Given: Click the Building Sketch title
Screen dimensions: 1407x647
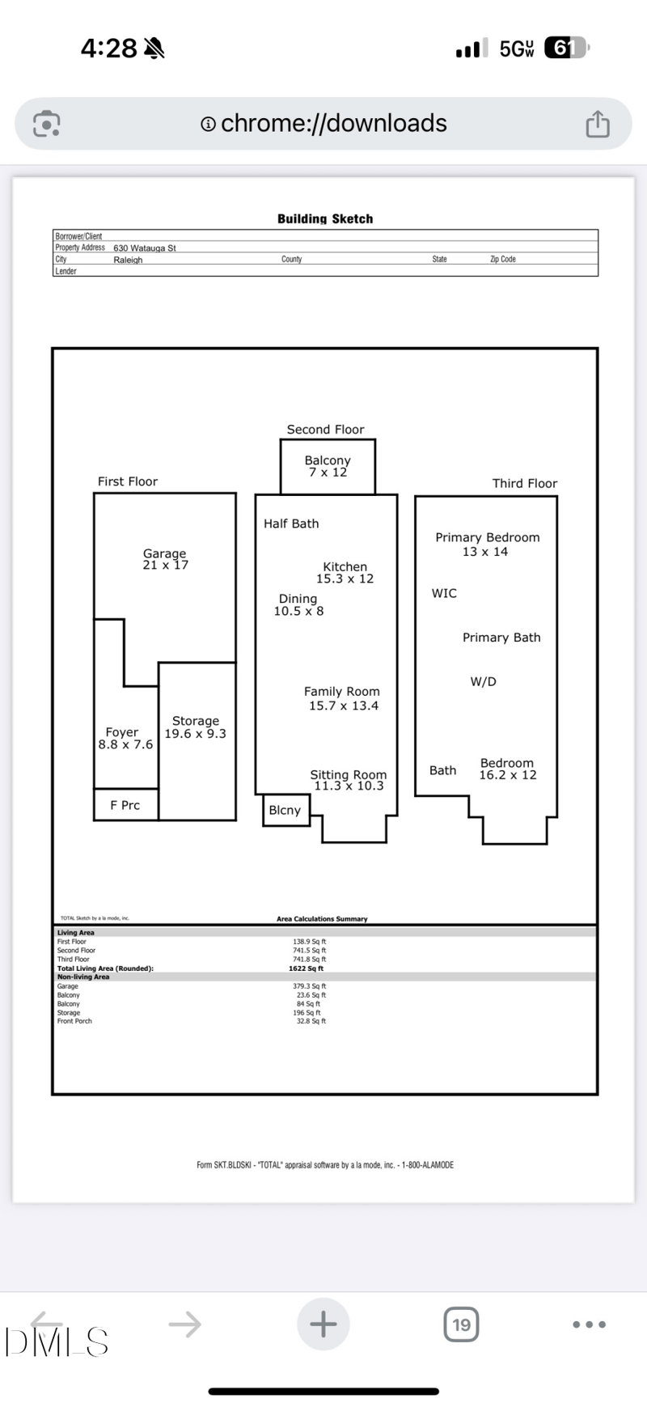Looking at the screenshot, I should (x=325, y=218).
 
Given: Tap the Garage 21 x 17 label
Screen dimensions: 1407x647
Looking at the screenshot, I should (x=165, y=559).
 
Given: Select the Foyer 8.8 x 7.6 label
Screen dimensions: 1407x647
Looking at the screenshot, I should (x=125, y=738).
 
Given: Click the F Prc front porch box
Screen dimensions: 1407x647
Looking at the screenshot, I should (x=125, y=805).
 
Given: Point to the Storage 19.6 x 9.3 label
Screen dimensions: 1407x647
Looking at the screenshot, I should (x=196, y=727).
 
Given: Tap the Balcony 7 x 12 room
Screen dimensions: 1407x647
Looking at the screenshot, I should (x=328, y=466).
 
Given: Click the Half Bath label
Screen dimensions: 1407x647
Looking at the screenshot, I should (x=291, y=523).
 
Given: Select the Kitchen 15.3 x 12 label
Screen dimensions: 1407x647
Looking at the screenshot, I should (x=345, y=573).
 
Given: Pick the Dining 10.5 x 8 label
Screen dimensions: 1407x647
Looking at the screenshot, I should (x=298, y=604).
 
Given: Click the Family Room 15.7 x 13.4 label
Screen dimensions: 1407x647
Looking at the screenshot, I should (x=343, y=698).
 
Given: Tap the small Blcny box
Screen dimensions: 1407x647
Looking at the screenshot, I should (x=285, y=810).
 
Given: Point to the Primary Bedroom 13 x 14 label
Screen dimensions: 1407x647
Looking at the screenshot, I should (x=487, y=544).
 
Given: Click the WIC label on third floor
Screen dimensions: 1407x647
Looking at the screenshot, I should (x=444, y=593).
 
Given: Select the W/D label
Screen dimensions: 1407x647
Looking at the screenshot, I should (x=483, y=681).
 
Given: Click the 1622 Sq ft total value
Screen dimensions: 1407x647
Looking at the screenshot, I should (x=306, y=968).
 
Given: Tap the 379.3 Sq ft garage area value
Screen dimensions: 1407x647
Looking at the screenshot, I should (x=309, y=986).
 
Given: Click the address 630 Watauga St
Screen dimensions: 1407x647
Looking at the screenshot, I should (x=145, y=248).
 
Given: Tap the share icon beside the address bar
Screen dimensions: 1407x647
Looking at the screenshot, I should (x=597, y=124).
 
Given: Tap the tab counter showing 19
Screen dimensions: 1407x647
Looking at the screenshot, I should (x=461, y=1324).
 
